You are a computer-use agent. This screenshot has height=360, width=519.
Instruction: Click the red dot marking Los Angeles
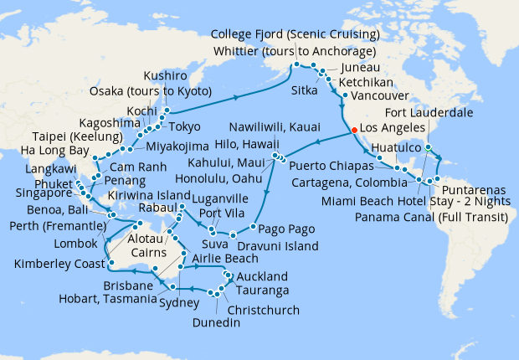tap(355, 130)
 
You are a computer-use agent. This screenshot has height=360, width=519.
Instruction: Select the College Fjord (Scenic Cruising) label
tap(295, 34)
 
